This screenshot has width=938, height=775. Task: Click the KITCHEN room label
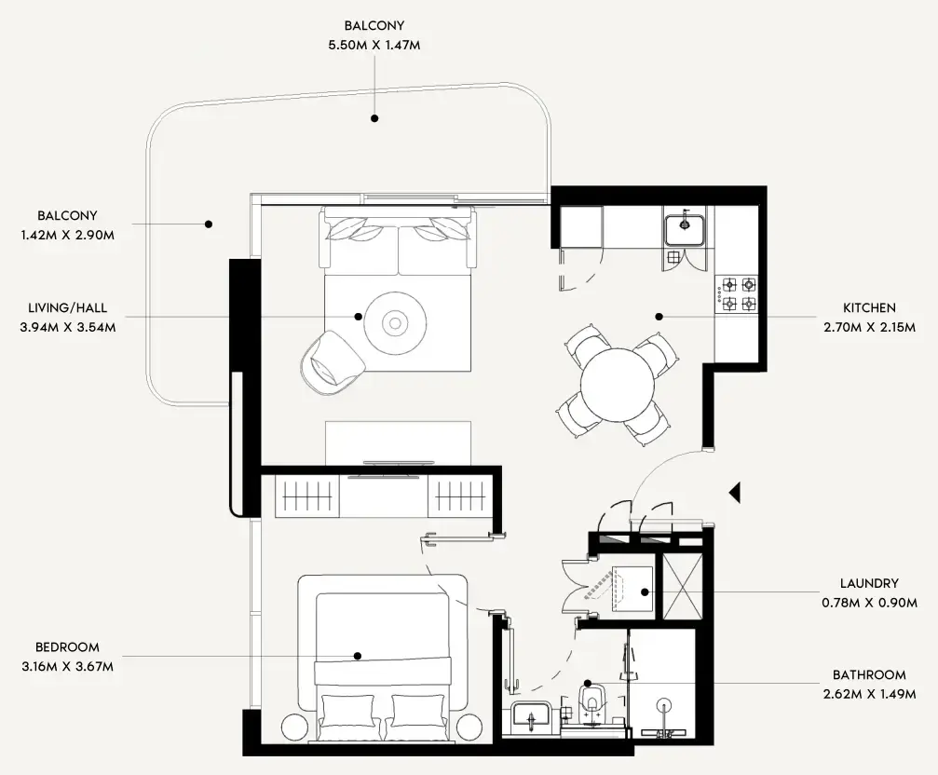click(869, 307)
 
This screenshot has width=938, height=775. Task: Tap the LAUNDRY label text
click(869, 584)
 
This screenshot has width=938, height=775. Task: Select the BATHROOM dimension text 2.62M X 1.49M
click(869, 695)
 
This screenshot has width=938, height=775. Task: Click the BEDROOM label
click(67, 646)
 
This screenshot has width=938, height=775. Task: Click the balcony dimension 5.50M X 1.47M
click(374, 44)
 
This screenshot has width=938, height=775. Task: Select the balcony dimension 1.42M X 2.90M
click(67, 234)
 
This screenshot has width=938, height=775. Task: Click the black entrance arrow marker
click(734, 492)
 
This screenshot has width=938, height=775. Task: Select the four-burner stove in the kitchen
click(737, 294)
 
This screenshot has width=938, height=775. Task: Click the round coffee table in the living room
click(396, 323)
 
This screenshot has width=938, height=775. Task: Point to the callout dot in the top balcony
click(374, 118)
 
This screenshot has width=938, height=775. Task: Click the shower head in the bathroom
click(664, 706)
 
